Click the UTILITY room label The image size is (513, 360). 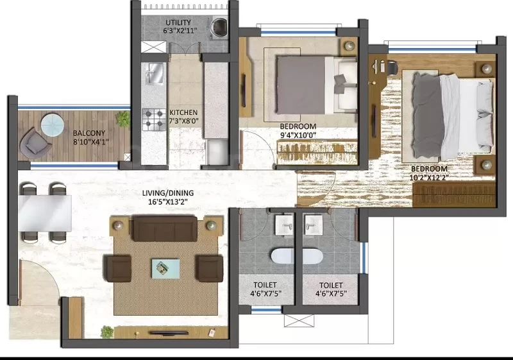[x=178, y=23]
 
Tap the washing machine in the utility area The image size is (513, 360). [x=217, y=26]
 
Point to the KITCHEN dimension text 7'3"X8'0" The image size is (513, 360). [x=184, y=121]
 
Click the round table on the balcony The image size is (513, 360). [x=53, y=124]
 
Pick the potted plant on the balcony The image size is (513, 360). [x=123, y=118]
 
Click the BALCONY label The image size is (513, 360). [x=89, y=133]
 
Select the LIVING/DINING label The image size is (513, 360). [x=168, y=193]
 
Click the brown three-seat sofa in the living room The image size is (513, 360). [x=165, y=228]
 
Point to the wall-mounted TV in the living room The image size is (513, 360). [x=169, y=333]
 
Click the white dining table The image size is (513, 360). [x=45, y=213]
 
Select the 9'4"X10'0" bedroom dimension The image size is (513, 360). [x=298, y=135]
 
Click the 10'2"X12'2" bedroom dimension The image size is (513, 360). [x=429, y=178]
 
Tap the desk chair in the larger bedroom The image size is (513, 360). [x=391, y=69]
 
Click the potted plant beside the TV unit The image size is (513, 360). [x=107, y=332]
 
